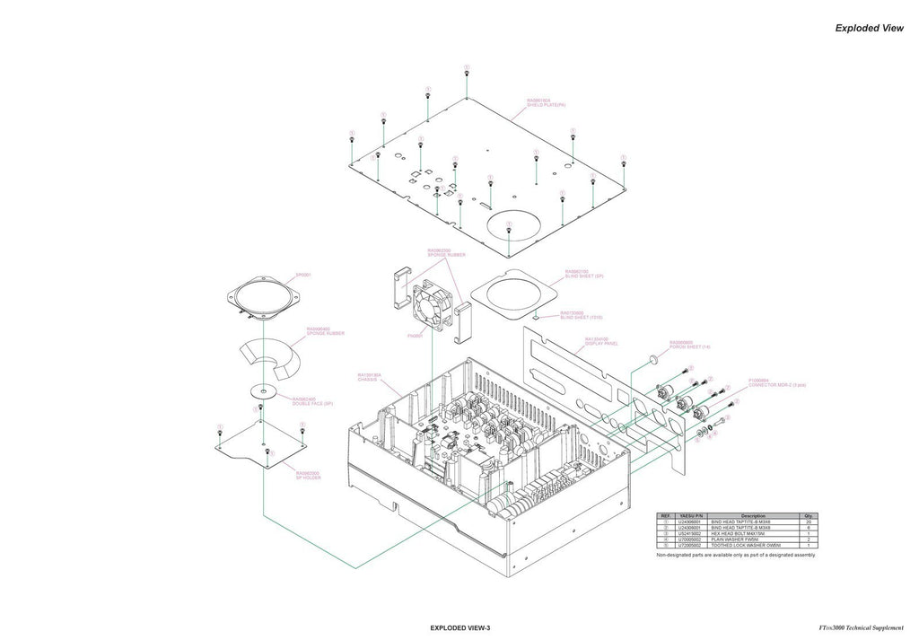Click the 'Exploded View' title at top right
click(x=869, y=28)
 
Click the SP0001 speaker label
click(x=303, y=275)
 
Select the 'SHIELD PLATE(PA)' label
click(x=545, y=105)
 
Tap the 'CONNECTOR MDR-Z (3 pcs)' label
click(x=777, y=385)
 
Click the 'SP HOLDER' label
click(x=308, y=478)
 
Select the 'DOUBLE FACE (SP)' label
click(x=312, y=403)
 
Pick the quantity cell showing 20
click(x=809, y=522)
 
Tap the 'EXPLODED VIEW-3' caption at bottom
click(x=460, y=627)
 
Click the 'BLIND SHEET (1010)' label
click(x=581, y=318)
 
